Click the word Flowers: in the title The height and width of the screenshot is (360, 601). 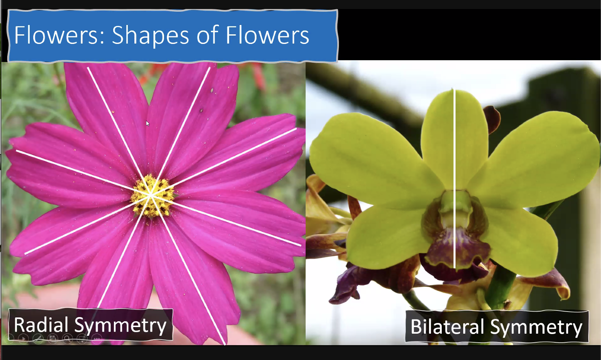point(59,35)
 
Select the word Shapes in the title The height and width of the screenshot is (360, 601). point(150,36)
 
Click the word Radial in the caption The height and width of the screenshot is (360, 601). point(41,325)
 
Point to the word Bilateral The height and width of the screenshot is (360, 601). point(447,327)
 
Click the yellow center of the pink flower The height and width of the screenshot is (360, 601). point(152,195)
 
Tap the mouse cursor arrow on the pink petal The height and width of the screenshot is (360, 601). point(147,124)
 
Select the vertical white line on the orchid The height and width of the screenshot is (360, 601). point(454,179)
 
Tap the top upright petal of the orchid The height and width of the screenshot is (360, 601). point(454,138)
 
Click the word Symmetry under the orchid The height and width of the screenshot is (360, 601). point(536,327)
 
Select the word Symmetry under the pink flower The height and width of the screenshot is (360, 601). point(120,325)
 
